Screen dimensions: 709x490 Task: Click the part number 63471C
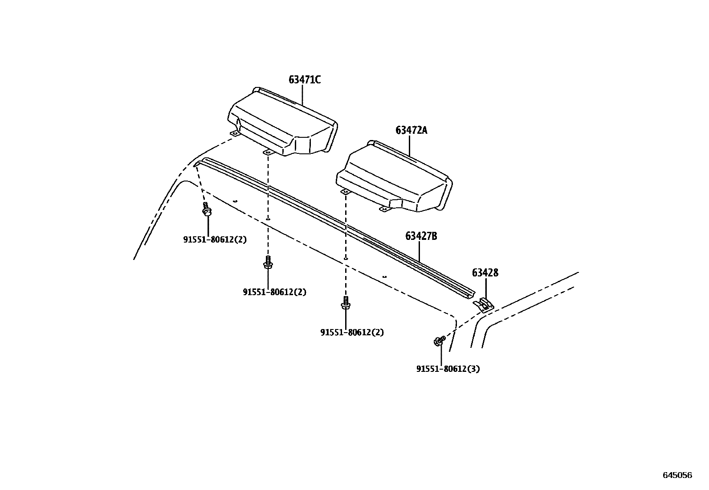point(305,80)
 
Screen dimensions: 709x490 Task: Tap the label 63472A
point(411,130)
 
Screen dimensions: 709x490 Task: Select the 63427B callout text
point(421,236)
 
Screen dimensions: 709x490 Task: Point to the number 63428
point(485,272)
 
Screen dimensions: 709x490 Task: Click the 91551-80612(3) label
point(448,369)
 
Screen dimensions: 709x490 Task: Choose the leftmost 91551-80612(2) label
point(215,239)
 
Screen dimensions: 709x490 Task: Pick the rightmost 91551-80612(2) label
point(352,333)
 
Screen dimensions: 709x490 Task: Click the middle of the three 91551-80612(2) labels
point(274,292)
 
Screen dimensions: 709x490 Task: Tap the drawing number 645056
point(677,475)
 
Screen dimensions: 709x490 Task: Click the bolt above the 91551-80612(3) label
point(439,341)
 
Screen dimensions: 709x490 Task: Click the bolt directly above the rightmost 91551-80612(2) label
point(345,303)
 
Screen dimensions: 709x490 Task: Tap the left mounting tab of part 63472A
point(345,192)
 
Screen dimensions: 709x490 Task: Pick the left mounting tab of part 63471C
point(234,133)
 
